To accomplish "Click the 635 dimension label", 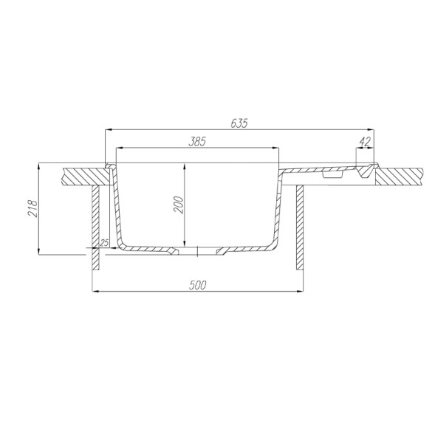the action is coord(239,123).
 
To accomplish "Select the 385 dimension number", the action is coord(197,142).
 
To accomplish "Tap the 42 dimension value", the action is coord(365,142).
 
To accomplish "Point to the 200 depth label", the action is coord(179,205).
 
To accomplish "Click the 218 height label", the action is coord(32,208).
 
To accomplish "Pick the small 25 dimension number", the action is coord(104,243).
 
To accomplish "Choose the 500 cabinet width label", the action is coord(197,285).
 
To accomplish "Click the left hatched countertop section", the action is coord(86,177).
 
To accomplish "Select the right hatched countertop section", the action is coord(399,177).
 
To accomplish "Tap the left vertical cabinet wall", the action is coord(95,227).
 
